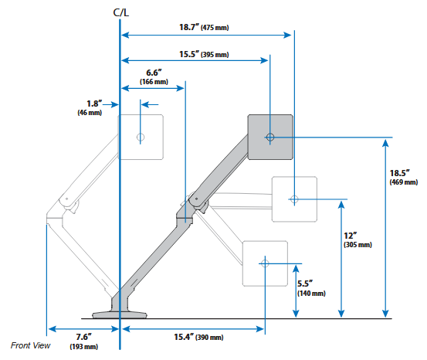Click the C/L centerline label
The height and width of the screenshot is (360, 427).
(121, 13)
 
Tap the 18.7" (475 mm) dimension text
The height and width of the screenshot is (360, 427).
(204, 27)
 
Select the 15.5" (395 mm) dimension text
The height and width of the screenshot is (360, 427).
(204, 54)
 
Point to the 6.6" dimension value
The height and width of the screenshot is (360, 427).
(154, 73)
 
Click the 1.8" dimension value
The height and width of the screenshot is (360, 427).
(94, 104)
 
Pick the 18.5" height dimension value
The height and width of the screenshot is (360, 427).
(400, 173)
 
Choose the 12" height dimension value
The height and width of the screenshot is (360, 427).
(351, 236)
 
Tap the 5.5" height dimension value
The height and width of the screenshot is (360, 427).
(305, 284)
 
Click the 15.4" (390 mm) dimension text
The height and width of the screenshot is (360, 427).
(198, 337)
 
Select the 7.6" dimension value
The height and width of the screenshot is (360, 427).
(83, 337)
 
